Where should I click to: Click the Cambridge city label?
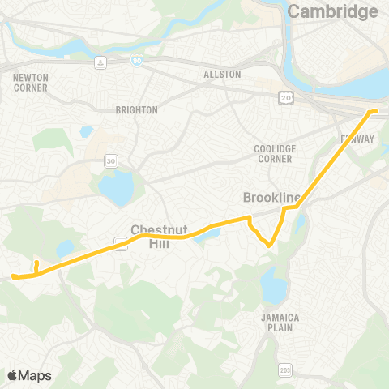333,11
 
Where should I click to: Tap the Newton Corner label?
31,83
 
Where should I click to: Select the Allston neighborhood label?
223,74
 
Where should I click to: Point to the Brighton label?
136,109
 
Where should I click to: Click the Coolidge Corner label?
275,154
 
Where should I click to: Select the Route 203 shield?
284,370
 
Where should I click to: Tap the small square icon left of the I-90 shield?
99,62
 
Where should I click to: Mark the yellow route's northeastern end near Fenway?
375,110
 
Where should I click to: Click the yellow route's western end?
14,277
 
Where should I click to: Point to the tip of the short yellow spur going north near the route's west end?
36,262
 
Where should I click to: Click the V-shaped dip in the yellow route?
267,245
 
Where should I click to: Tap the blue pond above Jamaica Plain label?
273,284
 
